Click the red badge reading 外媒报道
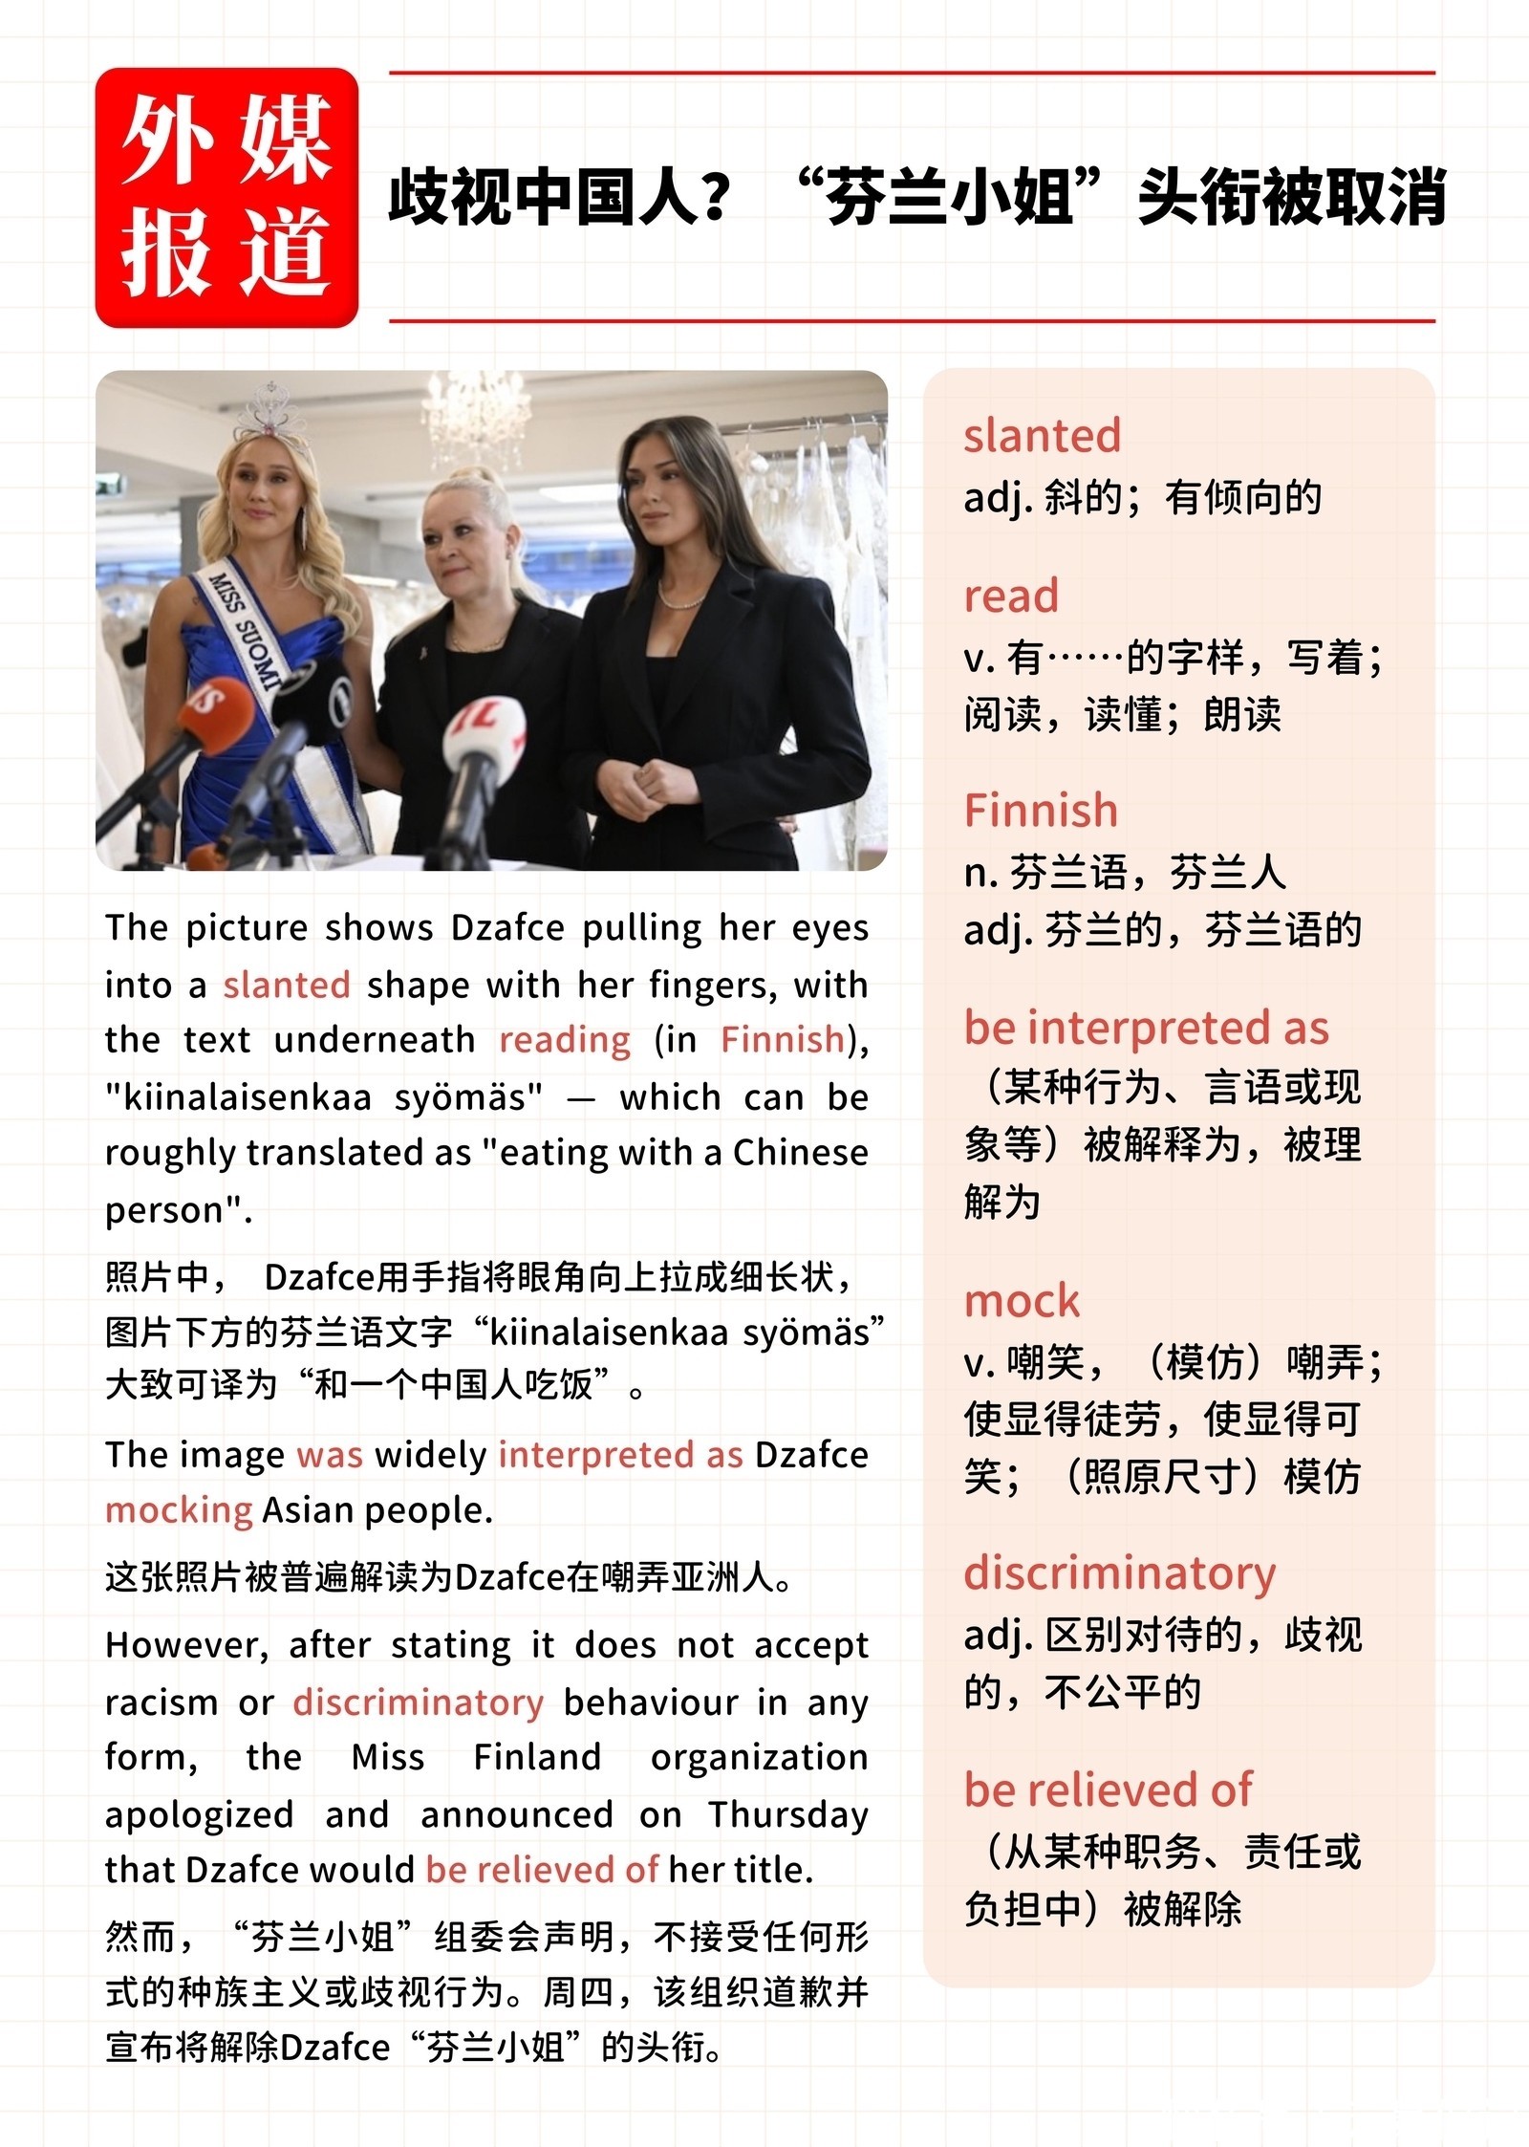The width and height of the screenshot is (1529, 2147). click(226, 198)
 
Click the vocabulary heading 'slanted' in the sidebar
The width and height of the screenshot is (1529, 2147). click(1042, 436)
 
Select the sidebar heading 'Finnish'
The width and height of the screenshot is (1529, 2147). click(1041, 811)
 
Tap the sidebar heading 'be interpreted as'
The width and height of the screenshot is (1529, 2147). click(1147, 1029)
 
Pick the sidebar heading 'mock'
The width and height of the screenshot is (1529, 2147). click(1022, 1302)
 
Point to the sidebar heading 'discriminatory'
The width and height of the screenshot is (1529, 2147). click(1120, 1573)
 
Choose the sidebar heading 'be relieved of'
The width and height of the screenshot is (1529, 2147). click(1108, 1789)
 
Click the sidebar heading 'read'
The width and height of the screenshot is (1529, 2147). click(1011, 596)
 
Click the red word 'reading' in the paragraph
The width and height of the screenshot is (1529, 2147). click(565, 1040)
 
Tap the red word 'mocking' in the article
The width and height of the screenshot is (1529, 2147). click(179, 1510)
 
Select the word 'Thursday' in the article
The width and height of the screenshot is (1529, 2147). click(788, 1814)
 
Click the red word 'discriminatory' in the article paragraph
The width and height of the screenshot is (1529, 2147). click(419, 1702)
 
